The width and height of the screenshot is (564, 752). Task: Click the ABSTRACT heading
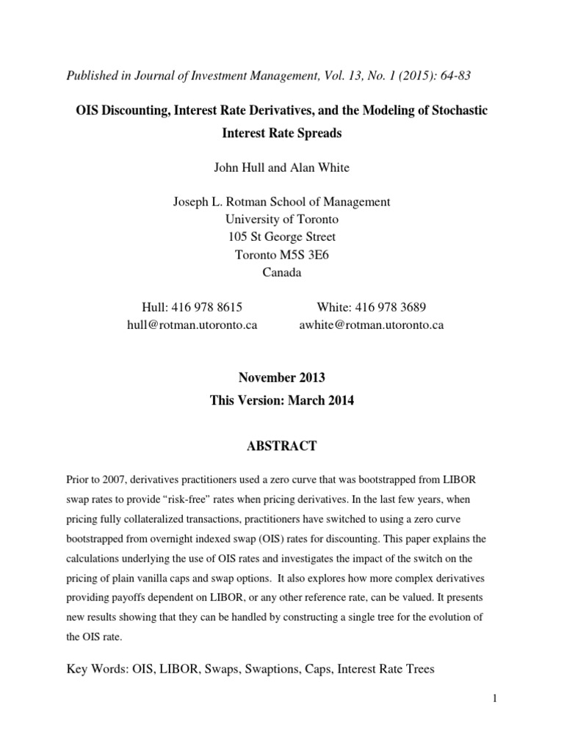[x=281, y=445]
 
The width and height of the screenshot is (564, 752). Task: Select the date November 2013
[x=281, y=378]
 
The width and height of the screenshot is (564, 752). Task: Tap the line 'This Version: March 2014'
[x=281, y=402]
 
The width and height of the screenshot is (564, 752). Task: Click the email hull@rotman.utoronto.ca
[x=192, y=324]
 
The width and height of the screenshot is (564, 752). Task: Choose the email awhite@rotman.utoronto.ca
[x=372, y=324]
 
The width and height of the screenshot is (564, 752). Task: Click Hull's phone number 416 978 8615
[x=192, y=307]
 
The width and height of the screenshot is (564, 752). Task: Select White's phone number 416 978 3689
[x=372, y=307]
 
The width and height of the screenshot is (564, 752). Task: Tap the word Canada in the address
[x=281, y=272]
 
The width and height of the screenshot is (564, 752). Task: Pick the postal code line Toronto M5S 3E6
[x=281, y=255]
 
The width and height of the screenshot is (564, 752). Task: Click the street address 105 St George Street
[x=281, y=236]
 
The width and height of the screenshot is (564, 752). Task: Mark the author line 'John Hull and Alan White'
[x=281, y=167]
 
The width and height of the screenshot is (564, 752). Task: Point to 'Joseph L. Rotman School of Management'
[x=281, y=201]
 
